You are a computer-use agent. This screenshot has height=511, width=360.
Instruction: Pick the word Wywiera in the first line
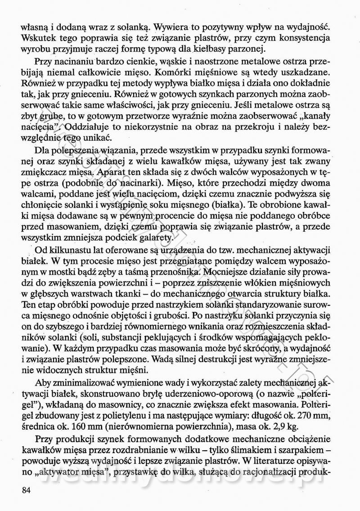pos(154,27)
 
